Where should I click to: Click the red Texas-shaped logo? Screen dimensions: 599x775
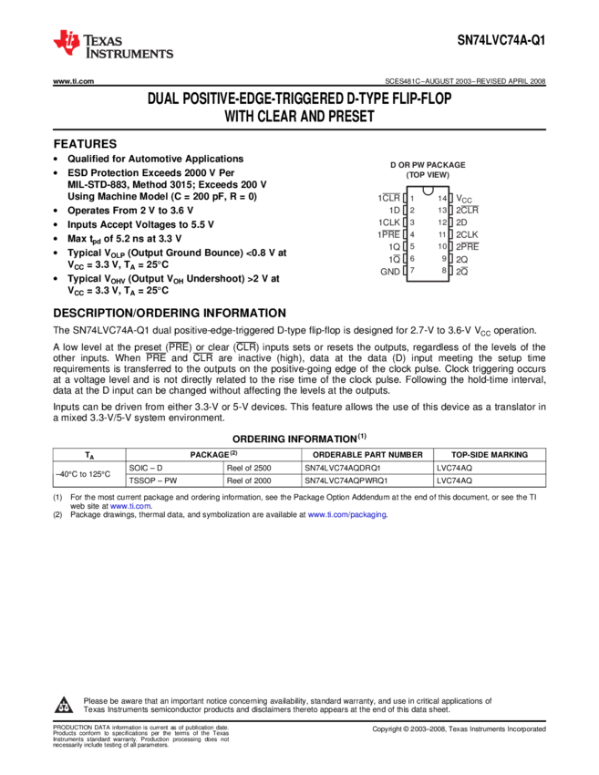[x=67, y=42]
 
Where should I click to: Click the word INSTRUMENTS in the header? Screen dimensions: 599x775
[x=129, y=56]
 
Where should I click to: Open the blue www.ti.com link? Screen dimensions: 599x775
[x=130, y=506]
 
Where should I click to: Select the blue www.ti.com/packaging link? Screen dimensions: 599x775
[x=346, y=515]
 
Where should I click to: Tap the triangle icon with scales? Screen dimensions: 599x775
[x=64, y=705]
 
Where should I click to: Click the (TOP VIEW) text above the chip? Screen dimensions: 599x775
[x=428, y=174]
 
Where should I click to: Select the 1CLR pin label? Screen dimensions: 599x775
[x=389, y=198]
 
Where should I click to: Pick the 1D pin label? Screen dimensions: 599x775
[x=394, y=210]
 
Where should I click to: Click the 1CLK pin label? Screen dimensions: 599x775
[x=389, y=222]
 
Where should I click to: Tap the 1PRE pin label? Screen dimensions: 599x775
[x=389, y=234]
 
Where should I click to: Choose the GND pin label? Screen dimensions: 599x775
[x=390, y=271]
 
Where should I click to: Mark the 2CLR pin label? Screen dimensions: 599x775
[x=468, y=210]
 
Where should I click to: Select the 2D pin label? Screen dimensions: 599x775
[x=462, y=222]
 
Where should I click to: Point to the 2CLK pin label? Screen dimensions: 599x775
[x=468, y=234]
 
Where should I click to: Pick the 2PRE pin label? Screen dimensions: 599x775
[x=468, y=246]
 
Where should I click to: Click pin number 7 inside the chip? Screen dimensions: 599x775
[x=412, y=271]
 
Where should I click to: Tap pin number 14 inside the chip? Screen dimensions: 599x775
[x=443, y=198]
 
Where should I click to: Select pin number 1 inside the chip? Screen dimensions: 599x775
[x=412, y=198]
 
